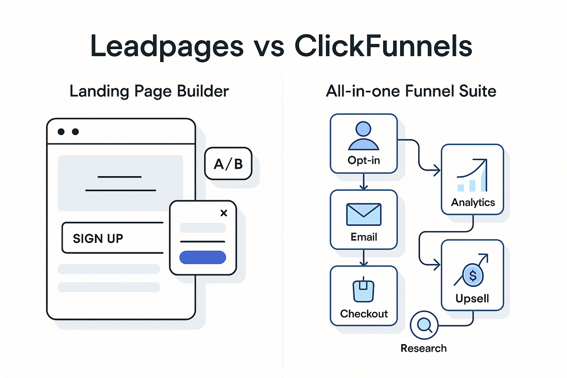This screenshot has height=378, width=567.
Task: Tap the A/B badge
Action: tap(228, 164)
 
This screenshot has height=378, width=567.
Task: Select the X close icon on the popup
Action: tap(224, 214)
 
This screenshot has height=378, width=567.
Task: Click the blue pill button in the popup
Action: tap(203, 257)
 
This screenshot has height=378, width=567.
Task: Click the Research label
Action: tap(423, 348)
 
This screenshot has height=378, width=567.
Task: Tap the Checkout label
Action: tap(364, 314)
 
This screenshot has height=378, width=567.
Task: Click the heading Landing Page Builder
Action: tap(149, 91)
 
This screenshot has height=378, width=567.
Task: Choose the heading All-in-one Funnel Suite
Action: tap(411, 91)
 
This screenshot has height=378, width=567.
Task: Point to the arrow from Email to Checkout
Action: tap(363, 257)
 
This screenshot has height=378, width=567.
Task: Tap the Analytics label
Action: tap(473, 203)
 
